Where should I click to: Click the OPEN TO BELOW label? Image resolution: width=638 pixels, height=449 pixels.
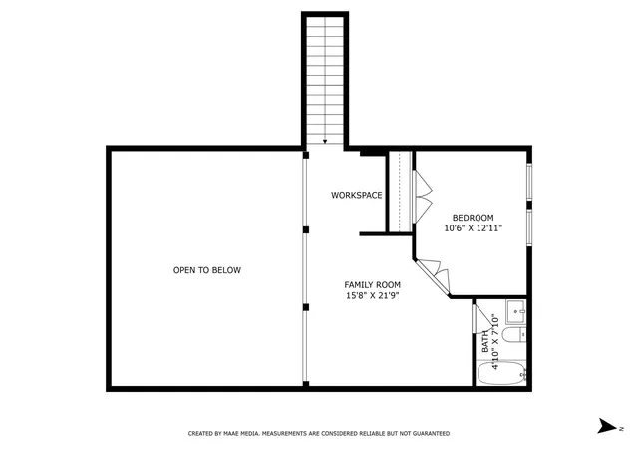tap(207, 270)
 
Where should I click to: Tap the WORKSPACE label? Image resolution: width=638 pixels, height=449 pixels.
tap(357, 195)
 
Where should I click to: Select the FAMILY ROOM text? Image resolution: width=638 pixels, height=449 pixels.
tap(372, 285)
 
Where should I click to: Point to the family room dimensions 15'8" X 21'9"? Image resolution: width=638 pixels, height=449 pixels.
tap(372, 296)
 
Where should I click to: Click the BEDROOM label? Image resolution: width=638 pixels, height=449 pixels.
tap(474, 218)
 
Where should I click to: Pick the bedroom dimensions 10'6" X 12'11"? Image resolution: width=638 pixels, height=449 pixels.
tap(474, 228)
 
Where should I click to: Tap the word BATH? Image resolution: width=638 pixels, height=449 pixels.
tap(485, 341)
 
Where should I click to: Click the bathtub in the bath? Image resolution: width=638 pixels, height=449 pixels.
tap(501, 373)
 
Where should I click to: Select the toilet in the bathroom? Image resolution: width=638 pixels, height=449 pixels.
tap(514, 335)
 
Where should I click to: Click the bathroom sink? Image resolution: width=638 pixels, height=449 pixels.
tap(516, 312)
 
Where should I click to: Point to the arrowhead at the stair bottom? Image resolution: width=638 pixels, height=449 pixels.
tap(325, 142)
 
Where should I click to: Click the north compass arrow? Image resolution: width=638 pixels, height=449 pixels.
tap(607, 426)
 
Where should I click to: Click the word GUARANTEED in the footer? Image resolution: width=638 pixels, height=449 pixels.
tap(432, 433)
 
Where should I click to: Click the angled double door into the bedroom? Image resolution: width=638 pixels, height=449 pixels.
tap(434, 275)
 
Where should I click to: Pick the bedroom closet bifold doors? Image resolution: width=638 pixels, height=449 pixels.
tap(423, 197)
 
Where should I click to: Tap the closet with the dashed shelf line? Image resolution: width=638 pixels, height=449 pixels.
tap(400, 192)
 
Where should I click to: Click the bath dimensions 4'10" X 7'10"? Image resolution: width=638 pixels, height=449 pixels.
tap(495, 341)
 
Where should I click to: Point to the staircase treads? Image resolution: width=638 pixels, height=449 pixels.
tap(325, 80)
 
